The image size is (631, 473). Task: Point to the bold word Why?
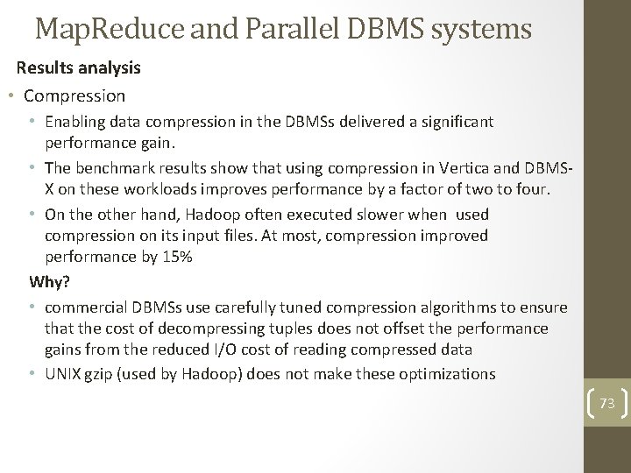48,281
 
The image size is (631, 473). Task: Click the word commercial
86,307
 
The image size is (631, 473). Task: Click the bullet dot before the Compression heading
10,95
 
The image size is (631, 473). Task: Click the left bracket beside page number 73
585,403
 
